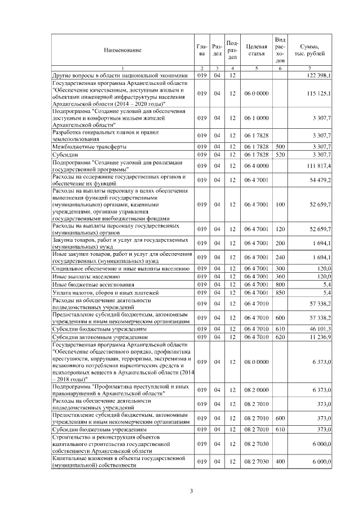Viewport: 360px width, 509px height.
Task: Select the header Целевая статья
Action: point(256,50)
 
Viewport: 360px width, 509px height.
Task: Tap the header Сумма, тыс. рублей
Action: point(310,50)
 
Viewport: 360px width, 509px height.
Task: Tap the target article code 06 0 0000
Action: point(256,93)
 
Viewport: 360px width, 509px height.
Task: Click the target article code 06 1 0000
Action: point(256,119)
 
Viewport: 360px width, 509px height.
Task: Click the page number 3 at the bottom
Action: point(191,492)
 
